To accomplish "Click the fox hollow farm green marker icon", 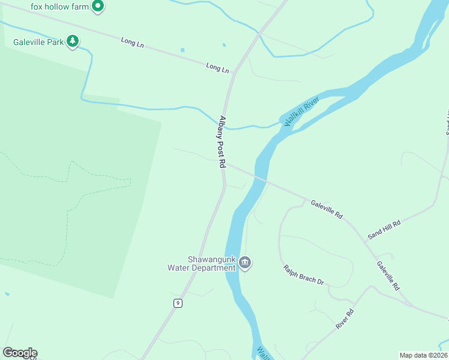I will coord(98,7).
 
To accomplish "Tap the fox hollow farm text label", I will coord(60,7).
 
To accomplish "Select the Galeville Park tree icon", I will coord(73,41).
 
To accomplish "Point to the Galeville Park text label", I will coord(38,42).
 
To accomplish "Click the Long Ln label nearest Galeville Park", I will coord(132,43).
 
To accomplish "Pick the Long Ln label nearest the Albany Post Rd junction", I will coord(217,68).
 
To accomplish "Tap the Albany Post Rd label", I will coord(222,142).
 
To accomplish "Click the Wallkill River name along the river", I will coord(301,112).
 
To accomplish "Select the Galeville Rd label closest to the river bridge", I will coord(327,209).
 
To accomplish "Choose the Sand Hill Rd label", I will coord(384,229).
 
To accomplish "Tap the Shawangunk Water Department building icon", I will coord(245,262).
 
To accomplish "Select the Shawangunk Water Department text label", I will coord(209,263).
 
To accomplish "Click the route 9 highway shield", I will coord(178,303).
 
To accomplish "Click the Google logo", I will coord(20,353).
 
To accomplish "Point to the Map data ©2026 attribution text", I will coord(423,355).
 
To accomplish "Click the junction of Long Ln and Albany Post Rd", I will coord(234,73).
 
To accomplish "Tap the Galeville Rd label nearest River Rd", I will coord(388,275).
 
